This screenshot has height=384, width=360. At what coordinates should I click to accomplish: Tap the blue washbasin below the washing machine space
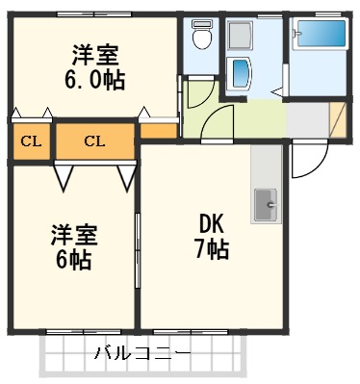[x=240, y=73]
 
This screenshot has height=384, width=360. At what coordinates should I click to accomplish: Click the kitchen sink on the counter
[x=266, y=203]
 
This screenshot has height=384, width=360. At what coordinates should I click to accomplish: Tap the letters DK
[x=212, y=224]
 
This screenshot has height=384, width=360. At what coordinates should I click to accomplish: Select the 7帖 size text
[x=213, y=251]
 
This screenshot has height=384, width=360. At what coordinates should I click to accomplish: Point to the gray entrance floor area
[x=308, y=120]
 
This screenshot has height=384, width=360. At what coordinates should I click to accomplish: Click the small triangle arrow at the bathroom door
[x=277, y=92]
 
